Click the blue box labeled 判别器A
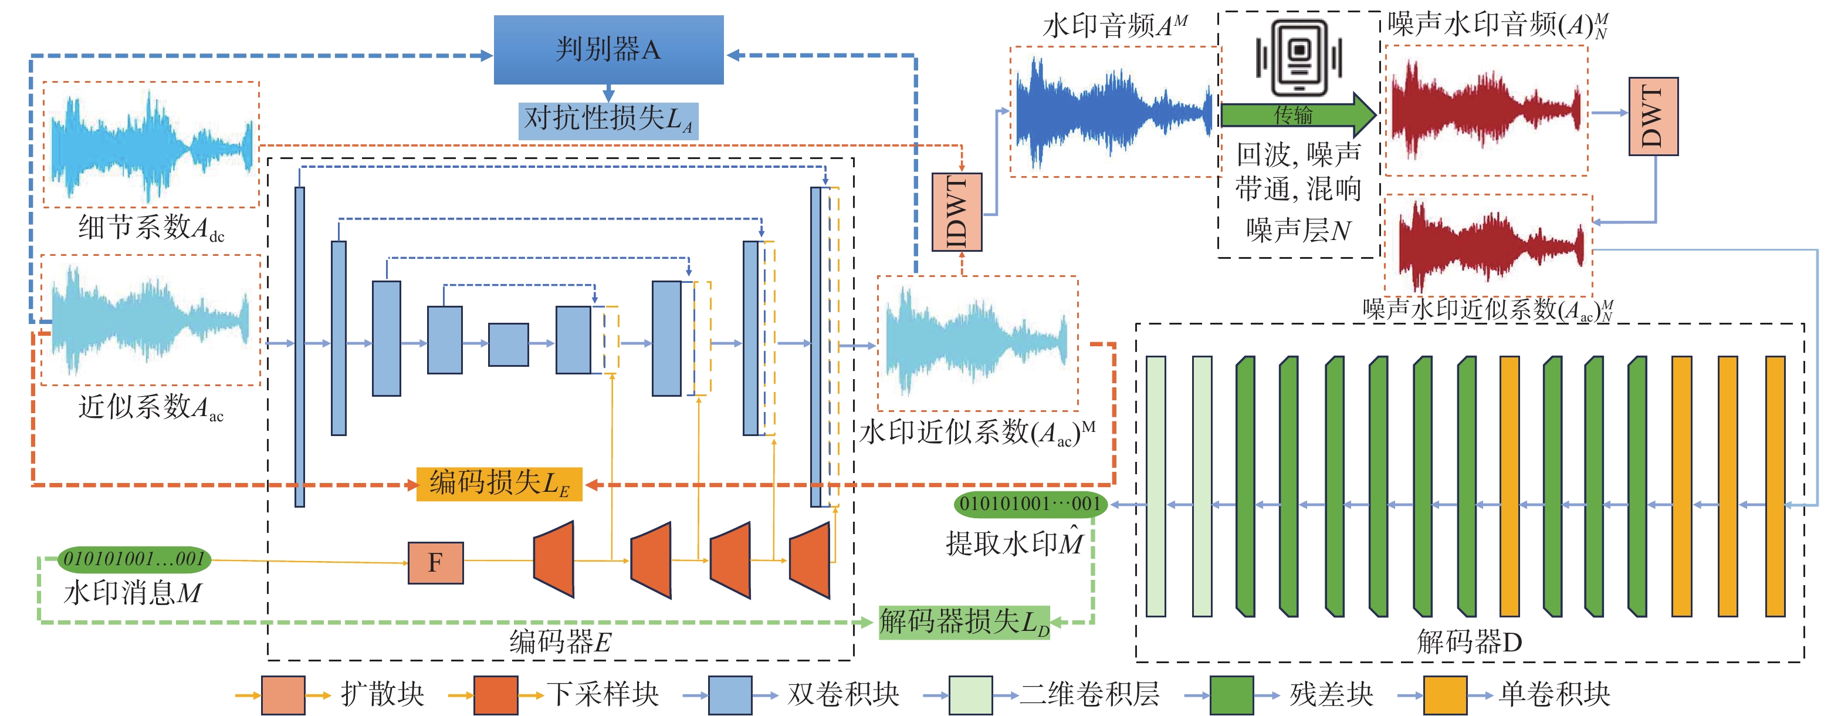click(608, 49)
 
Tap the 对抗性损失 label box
click(608, 120)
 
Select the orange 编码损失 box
click(499, 484)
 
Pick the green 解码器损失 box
click(964, 622)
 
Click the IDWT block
click(957, 212)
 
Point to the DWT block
click(1654, 116)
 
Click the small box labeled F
click(435, 562)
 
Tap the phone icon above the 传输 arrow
click(1299, 57)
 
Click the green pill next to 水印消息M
click(134, 559)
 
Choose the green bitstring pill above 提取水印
click(1031, 504)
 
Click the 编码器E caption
click(560, 641)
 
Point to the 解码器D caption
click(1469, 641)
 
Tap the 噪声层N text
click(1298, 230)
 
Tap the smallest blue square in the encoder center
click(509, 345)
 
